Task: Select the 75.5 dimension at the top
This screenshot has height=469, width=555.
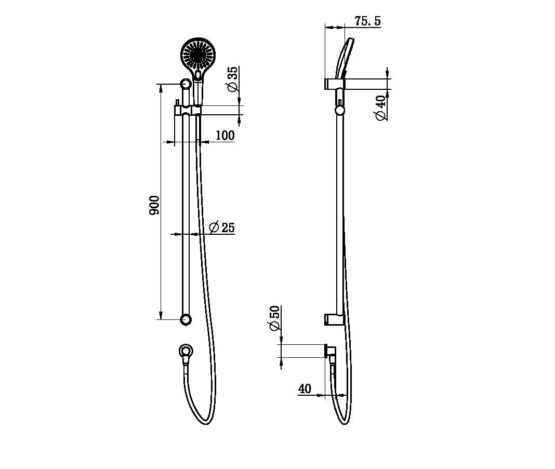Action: pyautogui.click(x=367, y=21)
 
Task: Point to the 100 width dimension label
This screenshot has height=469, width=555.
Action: pyautogui.click(x=224, y=136)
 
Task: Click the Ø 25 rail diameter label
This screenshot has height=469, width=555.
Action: pyautogui.click(x=222, y=227)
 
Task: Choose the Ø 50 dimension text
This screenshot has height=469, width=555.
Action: pyautogui.click(x=274, y=318)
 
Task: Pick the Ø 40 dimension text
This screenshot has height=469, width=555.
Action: pyautogui.click(x=381, y=108)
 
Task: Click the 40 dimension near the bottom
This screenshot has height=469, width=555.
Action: pyautogui.click(x=305, y=389)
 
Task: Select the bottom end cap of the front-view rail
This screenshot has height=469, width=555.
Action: pyautogui.click(x=186, y=319)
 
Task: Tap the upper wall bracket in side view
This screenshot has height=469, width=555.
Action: pyautogui.click(x=333, y=84)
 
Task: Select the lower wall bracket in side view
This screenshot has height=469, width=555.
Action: pyautogui.click(x=333, y=319)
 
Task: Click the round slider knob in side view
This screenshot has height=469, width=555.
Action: pyautogui.click(x=339, y=110)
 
